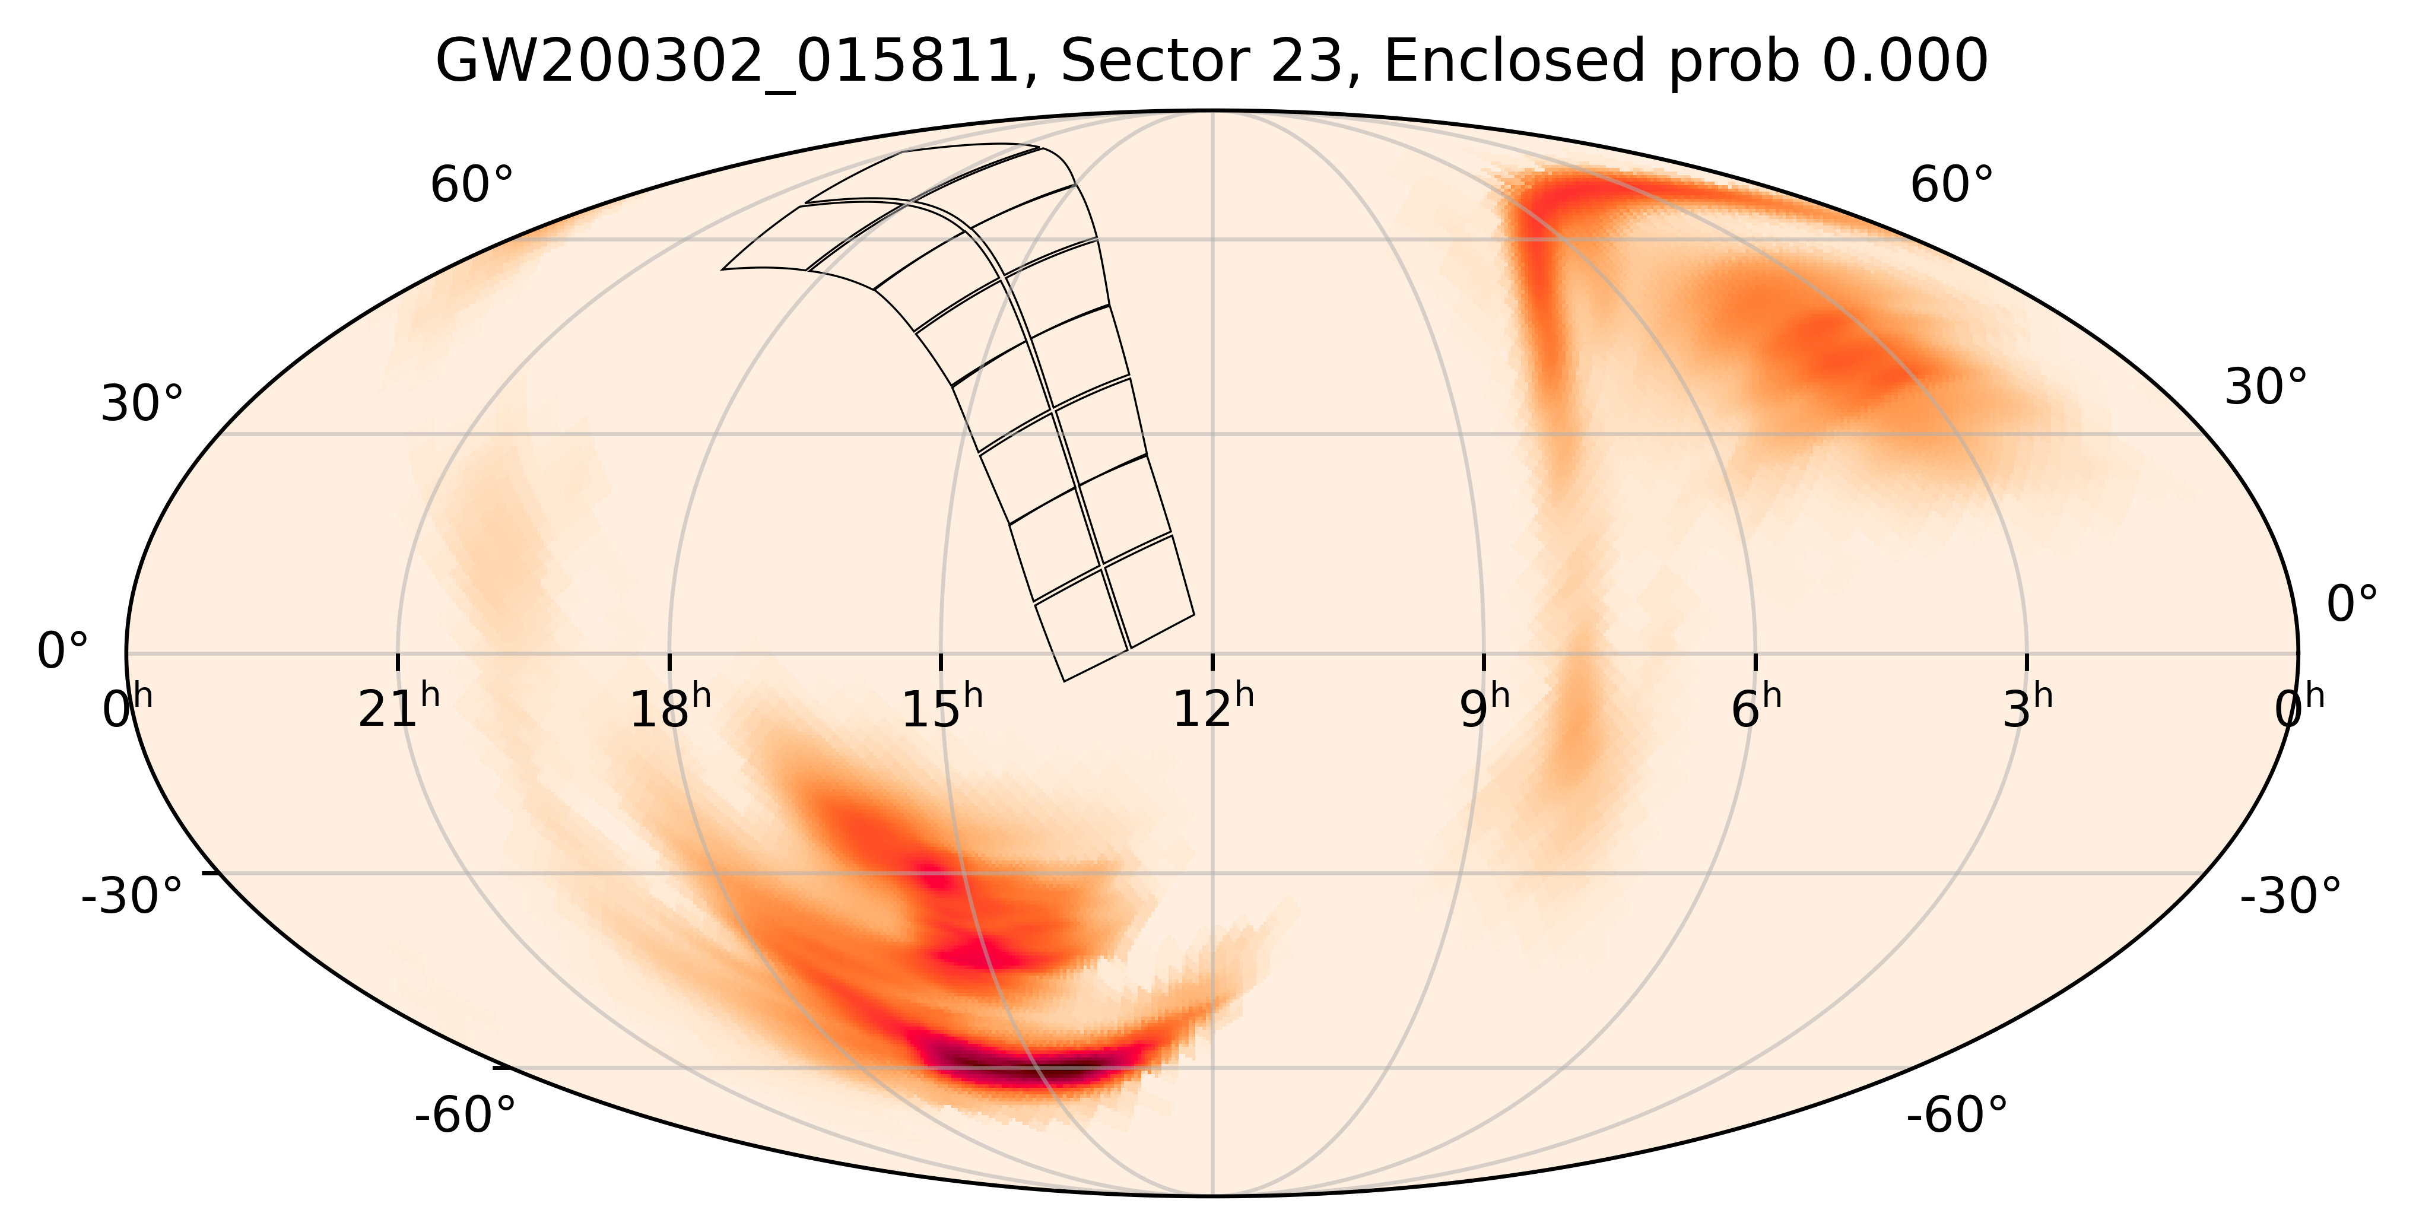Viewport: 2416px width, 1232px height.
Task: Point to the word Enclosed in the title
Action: (1514, 63)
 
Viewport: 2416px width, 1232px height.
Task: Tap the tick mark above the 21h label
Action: (398, 662)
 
